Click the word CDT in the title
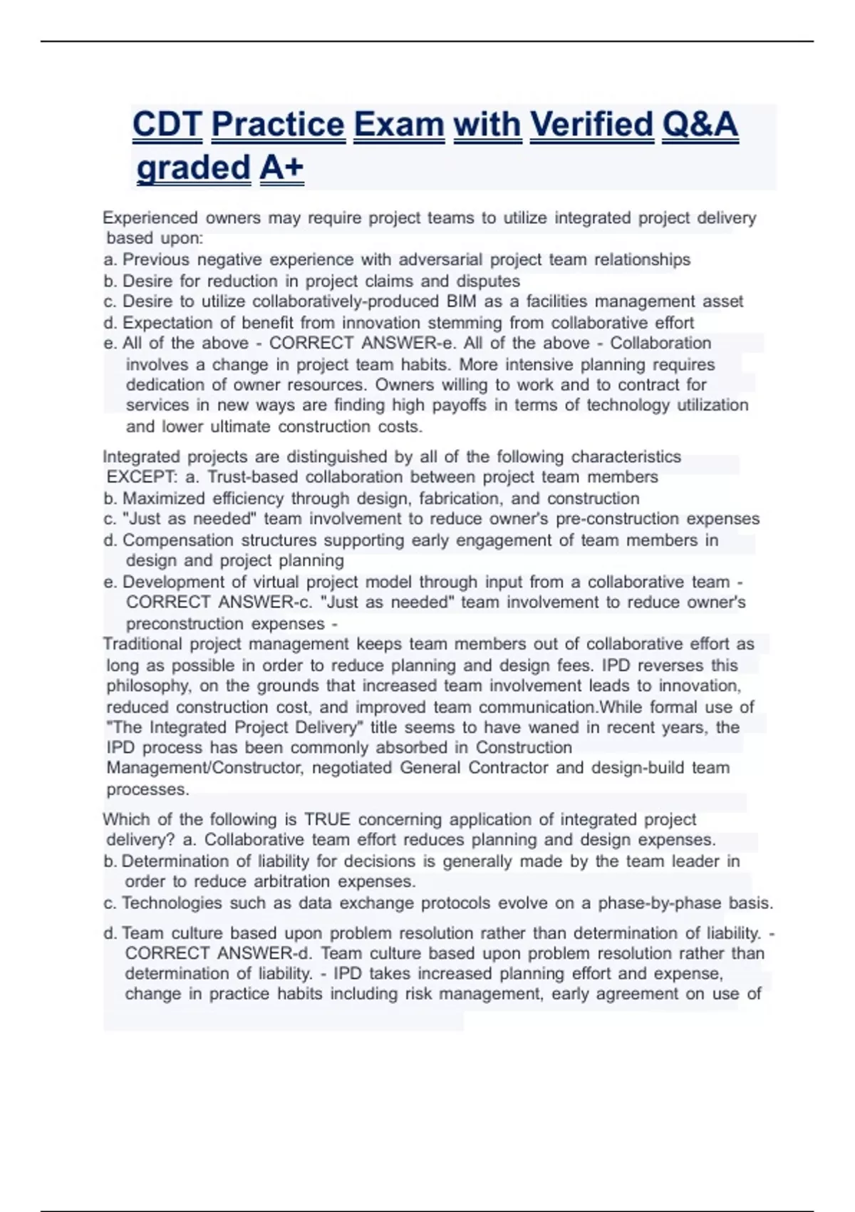click(x=167, y=125)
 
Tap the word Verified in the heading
click(x=591, y=125)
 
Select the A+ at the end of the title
click(x=281, y=168)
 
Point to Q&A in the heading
click(x=700, y=125)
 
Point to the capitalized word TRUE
click(x=328, y=820)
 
